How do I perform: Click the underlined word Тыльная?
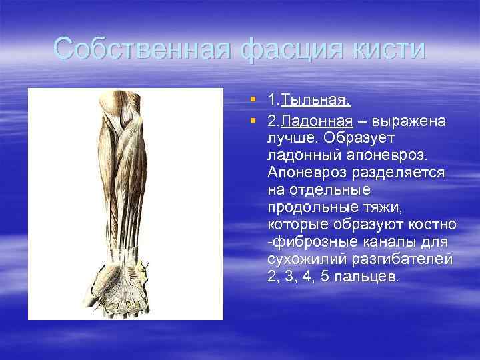316,101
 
